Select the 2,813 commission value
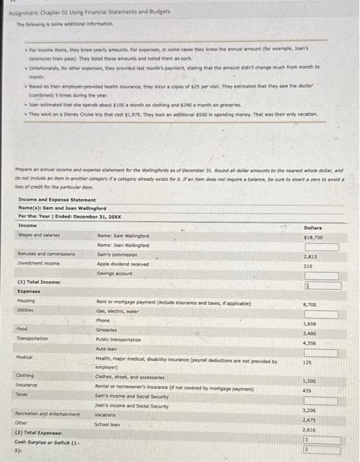pyautogui.click(x=311, y=256)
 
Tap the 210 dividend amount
pyautogui.click(x=307, y=266)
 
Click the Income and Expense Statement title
pyautogui.click(x=57, y=199)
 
